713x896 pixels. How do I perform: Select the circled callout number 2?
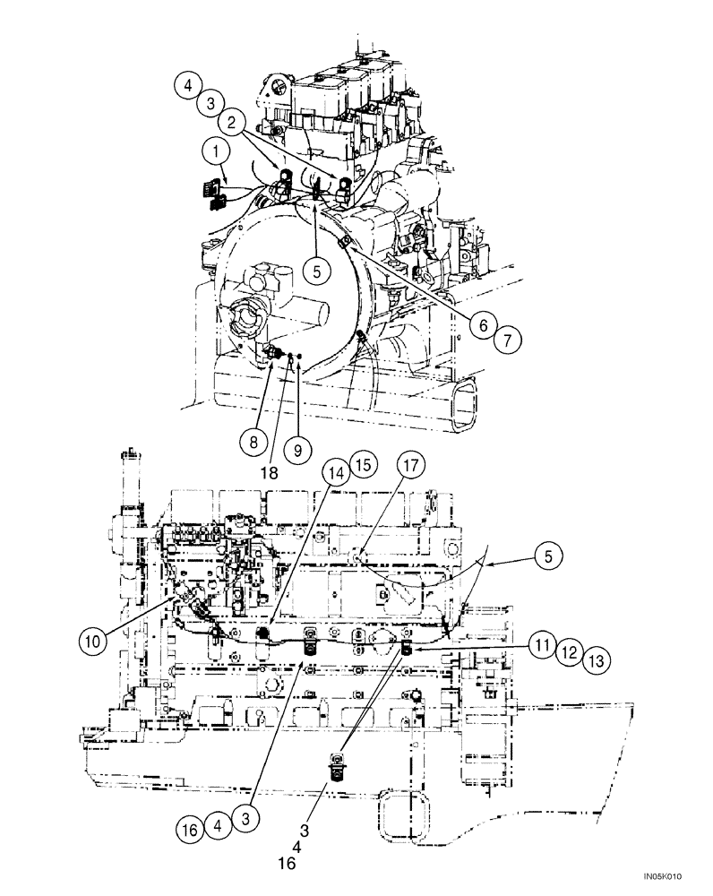click(233, 120)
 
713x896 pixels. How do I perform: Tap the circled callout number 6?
click(483, 326)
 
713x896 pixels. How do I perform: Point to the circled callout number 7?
click(508, 340)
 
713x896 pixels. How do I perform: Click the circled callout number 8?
click(253, 439)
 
